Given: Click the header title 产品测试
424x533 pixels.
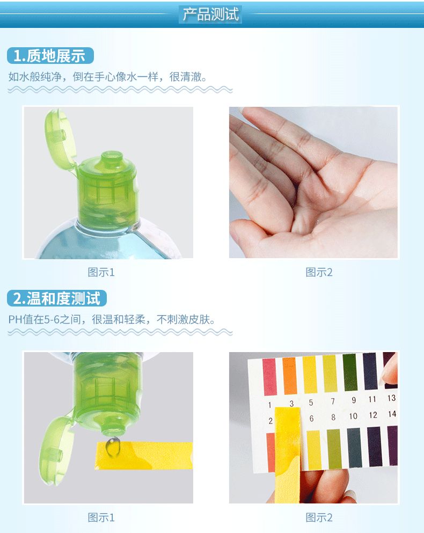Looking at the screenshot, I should [211, 14].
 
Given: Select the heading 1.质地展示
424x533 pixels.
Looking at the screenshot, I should [50, 56].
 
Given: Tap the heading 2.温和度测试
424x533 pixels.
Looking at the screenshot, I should [57, 298].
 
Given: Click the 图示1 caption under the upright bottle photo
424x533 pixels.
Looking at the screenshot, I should [101, 272].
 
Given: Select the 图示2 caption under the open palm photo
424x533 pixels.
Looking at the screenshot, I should [319, 272].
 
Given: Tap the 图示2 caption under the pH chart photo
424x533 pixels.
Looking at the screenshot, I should [319, 517].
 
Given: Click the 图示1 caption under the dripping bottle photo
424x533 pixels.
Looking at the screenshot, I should [101, 517].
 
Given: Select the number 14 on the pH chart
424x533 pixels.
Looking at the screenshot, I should [392, 414].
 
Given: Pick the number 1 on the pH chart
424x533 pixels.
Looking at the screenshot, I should [269, 404].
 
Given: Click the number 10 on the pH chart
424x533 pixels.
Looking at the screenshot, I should [353, 416].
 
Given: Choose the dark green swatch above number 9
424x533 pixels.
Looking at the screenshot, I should [350, 372].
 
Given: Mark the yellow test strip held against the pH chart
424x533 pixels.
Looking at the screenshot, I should [288, 451].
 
